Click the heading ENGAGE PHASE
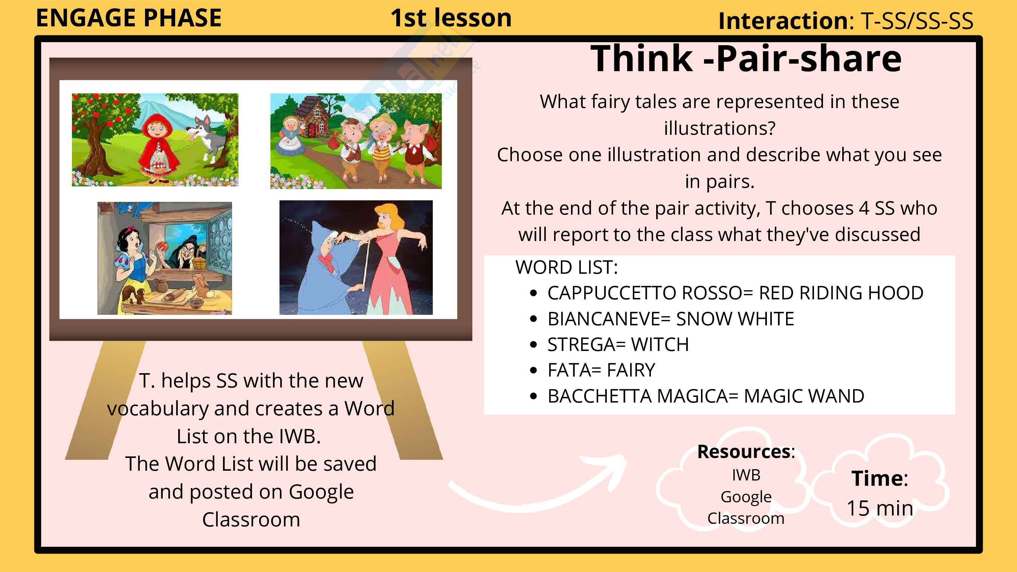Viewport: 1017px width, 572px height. pos(129,18)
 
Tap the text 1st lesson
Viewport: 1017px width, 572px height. pos(451,18)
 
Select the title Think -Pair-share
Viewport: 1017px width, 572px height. pos(746,58)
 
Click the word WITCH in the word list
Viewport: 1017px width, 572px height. pos(660,345)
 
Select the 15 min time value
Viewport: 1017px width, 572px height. pos(880,508)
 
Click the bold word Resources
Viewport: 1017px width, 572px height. pos(744,451)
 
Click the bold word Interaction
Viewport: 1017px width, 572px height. pos(784,21)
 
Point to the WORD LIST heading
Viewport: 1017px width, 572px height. pos(567,267)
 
